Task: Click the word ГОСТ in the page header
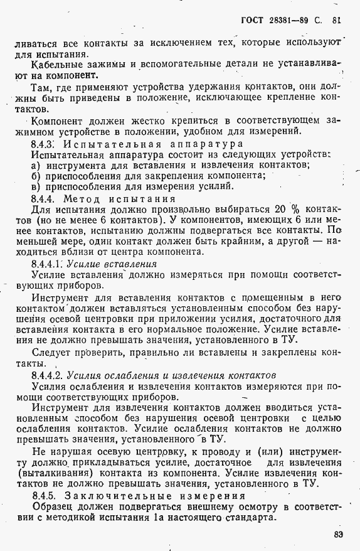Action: click(x=253, y=18)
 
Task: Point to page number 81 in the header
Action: click(x=337, y=18)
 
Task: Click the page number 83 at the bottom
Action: click(x=339, y=534)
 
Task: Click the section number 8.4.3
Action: click(x=43, y=143)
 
